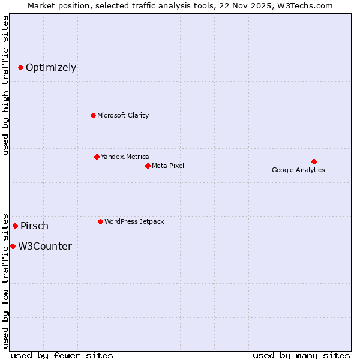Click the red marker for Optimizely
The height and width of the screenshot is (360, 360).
(20, 67)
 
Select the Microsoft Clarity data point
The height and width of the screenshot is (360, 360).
(93, 115)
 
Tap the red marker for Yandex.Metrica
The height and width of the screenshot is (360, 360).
(97, 157)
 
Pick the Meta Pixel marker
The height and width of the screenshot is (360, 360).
(148, 166)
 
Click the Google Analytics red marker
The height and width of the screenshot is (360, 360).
(314, 161)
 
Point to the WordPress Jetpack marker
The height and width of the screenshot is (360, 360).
(100, 221)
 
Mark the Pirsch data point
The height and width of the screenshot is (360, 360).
(16, 226)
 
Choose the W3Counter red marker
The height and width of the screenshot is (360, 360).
(13, 246)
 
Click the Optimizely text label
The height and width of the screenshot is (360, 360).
(51, 67)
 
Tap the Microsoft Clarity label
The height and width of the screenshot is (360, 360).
(123, 115)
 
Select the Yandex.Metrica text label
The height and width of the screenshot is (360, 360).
(125, 157)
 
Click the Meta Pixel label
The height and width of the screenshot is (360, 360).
(168, 166)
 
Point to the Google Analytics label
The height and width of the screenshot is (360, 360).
(298, 170)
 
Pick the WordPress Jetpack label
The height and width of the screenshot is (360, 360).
(134, 221)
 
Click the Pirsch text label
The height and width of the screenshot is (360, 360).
(34, 226)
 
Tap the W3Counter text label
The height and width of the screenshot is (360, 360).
(45, 247)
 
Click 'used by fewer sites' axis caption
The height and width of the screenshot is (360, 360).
(62, 355)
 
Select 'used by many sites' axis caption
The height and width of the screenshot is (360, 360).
(301, 355)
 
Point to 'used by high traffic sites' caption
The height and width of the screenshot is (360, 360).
(6, 85)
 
